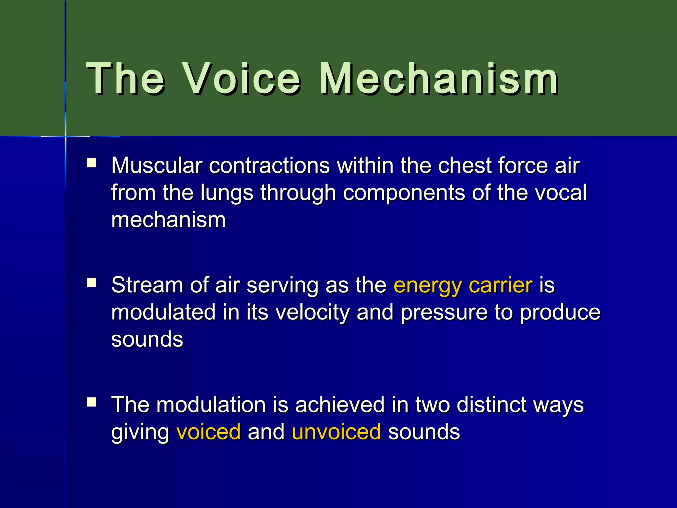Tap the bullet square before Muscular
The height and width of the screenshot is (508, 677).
[91, 163]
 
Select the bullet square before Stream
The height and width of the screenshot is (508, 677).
[91, 282]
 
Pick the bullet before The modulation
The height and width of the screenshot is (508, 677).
[91, 402]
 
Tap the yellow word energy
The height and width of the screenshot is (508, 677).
[427, 286]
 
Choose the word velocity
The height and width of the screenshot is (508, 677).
[312, 313]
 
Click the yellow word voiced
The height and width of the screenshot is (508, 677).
[209, 432]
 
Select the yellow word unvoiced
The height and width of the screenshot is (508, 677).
[336, 432]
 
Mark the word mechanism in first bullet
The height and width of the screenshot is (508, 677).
[169, 220]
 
